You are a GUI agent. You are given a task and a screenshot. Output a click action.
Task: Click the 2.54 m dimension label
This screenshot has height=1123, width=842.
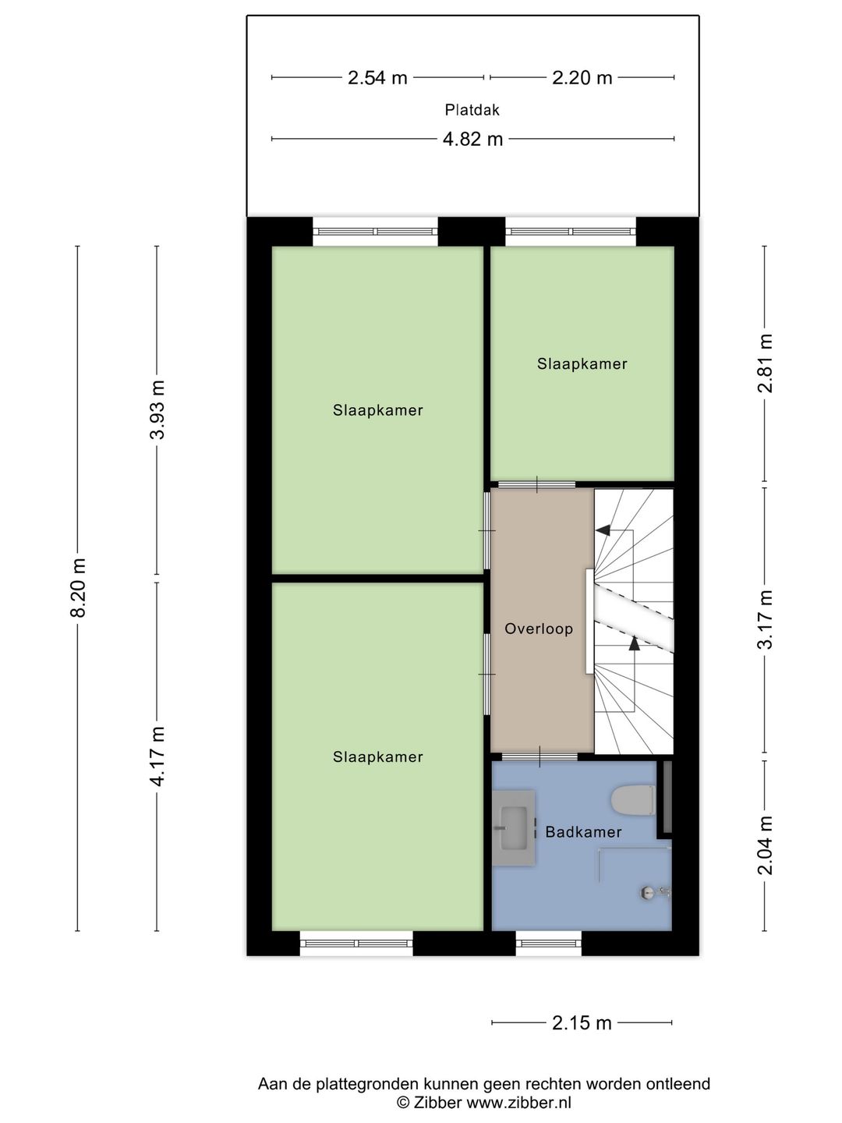click(x=377, y=78)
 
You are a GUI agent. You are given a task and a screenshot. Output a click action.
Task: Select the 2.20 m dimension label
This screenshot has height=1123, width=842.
click(x=582, y=78)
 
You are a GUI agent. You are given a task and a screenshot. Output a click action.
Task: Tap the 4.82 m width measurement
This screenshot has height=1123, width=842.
click(x=472, y=140)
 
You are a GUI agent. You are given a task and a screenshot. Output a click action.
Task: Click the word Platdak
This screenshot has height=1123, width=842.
click(x=472, y=110)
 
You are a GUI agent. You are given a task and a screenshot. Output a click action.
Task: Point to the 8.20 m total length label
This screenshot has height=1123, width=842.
click(x=78, y=588)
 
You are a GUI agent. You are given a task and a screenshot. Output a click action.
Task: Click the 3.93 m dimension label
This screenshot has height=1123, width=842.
click(x=158, y=410)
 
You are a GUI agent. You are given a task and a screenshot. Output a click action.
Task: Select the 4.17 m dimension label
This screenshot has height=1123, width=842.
click(x=158, y=756)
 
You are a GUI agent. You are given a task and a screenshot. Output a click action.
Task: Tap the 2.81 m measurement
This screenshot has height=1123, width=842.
click(x=766, y=363)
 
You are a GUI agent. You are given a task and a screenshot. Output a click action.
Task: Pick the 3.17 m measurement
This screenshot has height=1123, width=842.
click(x=766, y=619)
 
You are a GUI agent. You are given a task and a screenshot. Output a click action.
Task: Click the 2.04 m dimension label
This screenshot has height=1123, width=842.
click(x=766, y=845)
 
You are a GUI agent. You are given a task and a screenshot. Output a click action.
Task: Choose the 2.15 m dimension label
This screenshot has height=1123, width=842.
click(x=582, y=1023)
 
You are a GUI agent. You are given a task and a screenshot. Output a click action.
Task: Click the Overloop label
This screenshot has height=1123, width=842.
click(x=539, y=629)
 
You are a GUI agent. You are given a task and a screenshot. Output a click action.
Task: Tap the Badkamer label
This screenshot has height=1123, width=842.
click(x=583, y=832)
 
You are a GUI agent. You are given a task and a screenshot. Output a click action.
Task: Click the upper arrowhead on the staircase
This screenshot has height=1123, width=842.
click(x=602, y=530)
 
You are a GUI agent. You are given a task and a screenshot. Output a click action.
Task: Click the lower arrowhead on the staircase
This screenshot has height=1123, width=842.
click(x=634, y=643)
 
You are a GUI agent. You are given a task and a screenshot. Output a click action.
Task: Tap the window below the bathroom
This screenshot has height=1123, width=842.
click(x=549, y=944)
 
